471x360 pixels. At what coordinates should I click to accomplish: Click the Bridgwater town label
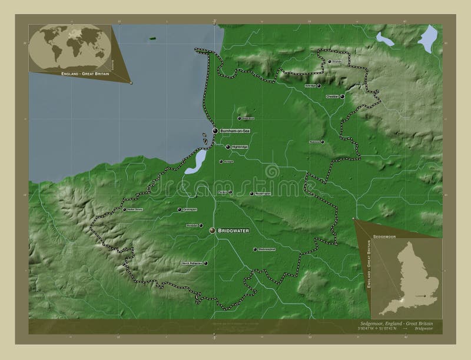[x=234, y=231]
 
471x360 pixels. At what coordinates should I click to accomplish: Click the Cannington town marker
[x=180, y=209]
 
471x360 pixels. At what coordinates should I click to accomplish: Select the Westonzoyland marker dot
[x=255, y=249]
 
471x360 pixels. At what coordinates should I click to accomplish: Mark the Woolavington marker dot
[x=251, y=194]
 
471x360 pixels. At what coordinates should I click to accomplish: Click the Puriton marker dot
[x=230, y=192]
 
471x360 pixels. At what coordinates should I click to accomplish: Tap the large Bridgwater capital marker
[x=212, y=231]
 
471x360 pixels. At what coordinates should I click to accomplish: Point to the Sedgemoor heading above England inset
[x=383, y=235]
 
